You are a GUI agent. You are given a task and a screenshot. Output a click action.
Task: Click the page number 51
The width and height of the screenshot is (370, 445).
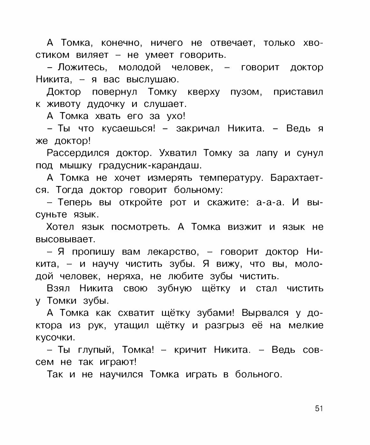coord(319,408)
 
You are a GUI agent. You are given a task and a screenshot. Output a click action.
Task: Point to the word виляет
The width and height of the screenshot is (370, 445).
coord(92,55)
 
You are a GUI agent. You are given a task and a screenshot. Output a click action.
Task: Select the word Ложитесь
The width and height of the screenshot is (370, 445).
coord(82,68)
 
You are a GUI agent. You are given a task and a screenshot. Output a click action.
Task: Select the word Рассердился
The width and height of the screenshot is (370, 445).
coord(78,153)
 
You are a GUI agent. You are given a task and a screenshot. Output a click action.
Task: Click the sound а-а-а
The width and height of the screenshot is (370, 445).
coord(270,203)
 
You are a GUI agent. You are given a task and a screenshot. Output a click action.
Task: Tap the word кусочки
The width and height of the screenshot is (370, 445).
coord(55,338)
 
